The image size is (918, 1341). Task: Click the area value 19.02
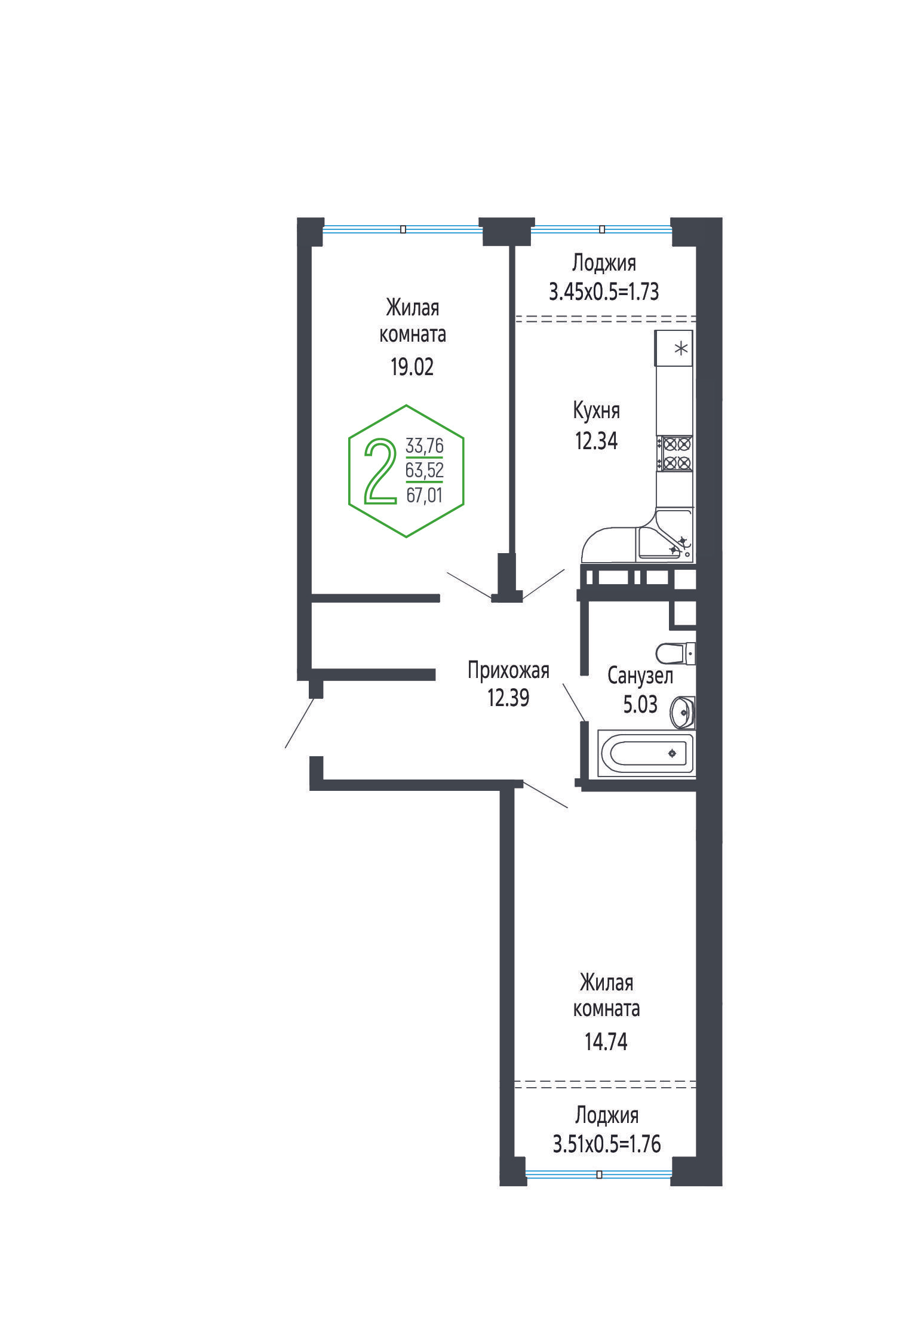(x=412, y=367)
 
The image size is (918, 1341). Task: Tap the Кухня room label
(x=596, y=410)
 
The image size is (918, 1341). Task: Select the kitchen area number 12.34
(x=596, y=441)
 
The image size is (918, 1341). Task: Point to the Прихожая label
(x=508, y=671)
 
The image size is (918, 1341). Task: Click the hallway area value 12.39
(x=508, y=698)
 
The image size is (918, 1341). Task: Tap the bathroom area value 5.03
(x=640, y=704)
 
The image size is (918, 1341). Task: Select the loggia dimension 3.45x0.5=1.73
(x=604, y=291)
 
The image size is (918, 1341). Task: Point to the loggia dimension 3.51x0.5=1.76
(x=607, y=1144)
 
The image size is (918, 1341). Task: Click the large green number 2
(x=380, y=471)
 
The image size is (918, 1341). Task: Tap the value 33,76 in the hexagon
(x=425, y=446)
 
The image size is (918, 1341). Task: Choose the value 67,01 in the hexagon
(x=425, y=495)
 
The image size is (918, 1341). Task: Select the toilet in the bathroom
(x=676, y=653)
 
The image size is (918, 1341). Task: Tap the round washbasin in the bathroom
(x=683, y=712)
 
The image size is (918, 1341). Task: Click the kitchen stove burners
(x=674, y=453)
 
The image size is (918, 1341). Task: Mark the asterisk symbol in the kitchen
(x=681, y=348)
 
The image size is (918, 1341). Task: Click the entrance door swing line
(x=300, y=723)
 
